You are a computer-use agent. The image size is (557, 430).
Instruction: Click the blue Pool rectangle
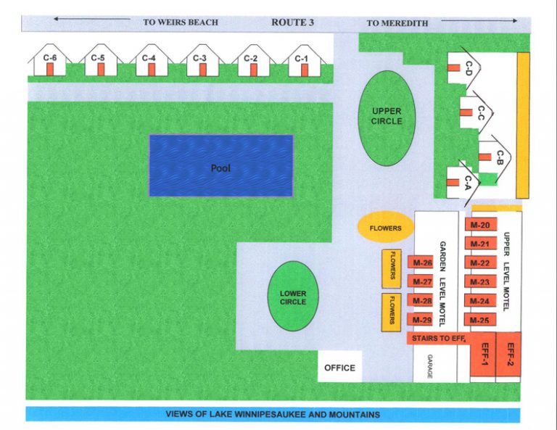[x=220, y=165]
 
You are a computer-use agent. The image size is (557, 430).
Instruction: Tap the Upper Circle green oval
[x=386, y=116]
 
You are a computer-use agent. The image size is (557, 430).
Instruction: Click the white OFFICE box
[x=339, y=368]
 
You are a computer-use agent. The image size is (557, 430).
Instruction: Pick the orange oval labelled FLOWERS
[x=385, y=228]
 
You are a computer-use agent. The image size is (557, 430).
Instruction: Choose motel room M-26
[x=421, y=262]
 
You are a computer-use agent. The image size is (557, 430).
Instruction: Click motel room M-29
[x=421, y=320]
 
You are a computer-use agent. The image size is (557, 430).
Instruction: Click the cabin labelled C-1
[x=302, y=61]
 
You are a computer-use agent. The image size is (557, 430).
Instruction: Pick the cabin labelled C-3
[x=201, y=61]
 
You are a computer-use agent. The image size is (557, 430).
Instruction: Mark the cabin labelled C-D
[x=464, y=69]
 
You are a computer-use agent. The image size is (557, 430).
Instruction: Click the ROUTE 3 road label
[x=292, y=22]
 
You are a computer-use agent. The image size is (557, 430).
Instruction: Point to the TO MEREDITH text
[x=397, y=23]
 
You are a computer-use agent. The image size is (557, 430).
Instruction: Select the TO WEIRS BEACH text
[x=181, y=22]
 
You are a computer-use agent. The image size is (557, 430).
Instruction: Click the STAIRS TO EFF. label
[x=437, y=338]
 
